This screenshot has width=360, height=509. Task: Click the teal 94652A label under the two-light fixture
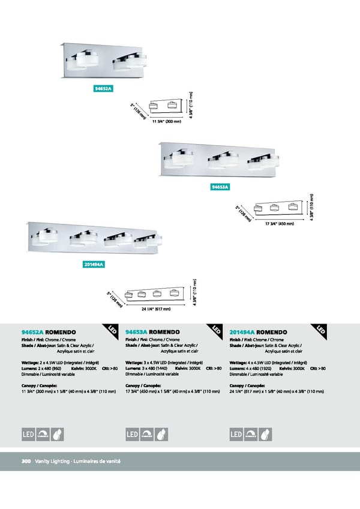point(104,88)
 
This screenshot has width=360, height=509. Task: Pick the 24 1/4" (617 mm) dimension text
point(156,309)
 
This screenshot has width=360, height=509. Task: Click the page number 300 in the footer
point(26,461)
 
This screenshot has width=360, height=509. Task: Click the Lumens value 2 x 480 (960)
point(55,369)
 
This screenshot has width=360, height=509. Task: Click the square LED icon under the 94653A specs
point(132,434)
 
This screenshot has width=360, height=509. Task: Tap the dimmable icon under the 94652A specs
point(44,434)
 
